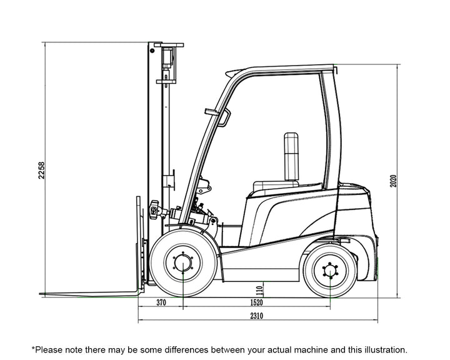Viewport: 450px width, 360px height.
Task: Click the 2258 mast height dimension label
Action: coord(42,171)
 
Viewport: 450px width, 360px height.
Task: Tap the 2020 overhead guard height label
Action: coord(393,181)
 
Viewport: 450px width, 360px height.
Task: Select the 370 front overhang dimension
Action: coord(161,302)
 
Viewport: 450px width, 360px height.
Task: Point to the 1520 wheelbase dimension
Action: coord(256,302)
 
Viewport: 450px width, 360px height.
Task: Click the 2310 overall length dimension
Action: coord(256,316)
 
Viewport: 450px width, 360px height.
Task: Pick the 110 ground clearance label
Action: coord(260,291)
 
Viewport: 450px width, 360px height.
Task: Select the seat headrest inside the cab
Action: coord(291,156)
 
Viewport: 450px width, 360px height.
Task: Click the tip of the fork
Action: coord(39,294)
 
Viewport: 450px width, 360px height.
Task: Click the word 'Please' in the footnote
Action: coord(49,350)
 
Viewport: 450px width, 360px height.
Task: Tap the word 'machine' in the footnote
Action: coord(311,350)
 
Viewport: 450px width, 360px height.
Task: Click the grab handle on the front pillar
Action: coord(225,117)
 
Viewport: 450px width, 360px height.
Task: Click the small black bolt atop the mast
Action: coord(152,51)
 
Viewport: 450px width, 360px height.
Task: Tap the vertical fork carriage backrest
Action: coord(138,244)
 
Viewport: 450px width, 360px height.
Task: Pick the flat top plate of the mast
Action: coord(169,45)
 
